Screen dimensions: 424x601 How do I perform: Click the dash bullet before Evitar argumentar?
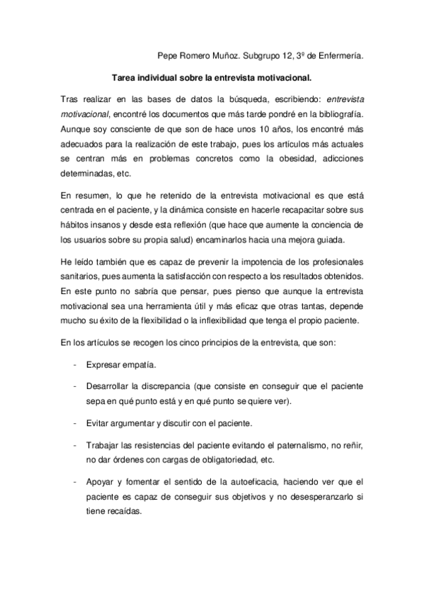(x=75, y=424)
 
